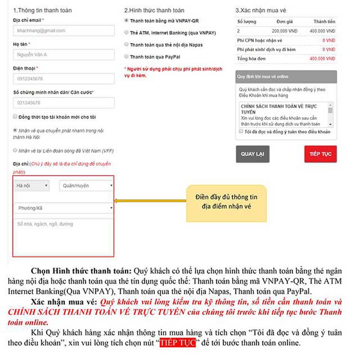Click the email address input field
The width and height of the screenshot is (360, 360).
[x=64, y=31]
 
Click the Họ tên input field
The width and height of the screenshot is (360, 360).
[x=64, y=55]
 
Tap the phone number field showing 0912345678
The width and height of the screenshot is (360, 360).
[x=64, y=79]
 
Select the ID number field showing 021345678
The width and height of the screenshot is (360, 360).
[x=64, y=103]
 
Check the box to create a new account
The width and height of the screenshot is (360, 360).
[x=15, y=117]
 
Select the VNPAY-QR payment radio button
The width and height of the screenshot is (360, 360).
[x=126, y=21]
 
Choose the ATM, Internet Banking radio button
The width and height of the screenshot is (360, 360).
[x=126, y=33]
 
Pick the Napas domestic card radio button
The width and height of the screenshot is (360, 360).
[x=126, y=45]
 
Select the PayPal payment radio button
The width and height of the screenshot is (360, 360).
[x=126, y=57]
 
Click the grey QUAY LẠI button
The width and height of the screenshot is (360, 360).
[x=252, y=154]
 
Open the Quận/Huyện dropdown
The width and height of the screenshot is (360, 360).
[x=86, y=186]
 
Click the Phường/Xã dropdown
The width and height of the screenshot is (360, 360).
[x=64, y=208]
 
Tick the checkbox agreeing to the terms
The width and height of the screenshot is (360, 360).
[x=241, y=132]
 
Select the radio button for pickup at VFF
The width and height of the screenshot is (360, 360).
[x=15, y=150]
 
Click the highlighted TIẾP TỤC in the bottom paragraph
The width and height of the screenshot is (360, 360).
[x=178, y=344]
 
